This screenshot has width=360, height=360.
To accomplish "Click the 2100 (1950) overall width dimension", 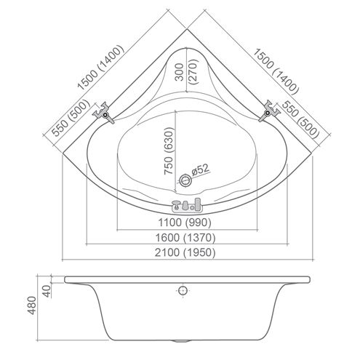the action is pyautogui.click(x=185, y=252).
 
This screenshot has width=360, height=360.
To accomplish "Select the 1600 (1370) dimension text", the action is pyautogui.click(x=185, y=238).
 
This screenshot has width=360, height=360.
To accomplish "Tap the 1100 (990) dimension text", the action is pyautogui.click(x=185, y=222).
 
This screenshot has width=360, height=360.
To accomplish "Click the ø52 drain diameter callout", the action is pyautogui.click(x=200, y=169).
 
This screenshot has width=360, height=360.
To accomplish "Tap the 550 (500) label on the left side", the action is pyautogui.click(x=70, y=119).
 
